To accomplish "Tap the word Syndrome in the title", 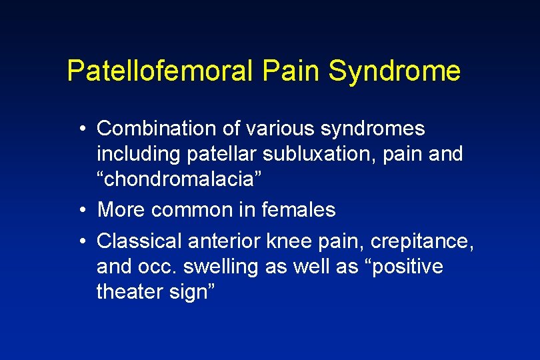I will [394, 71].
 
